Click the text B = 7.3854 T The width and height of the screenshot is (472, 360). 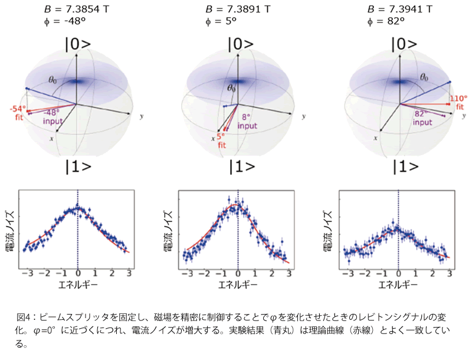coord(77,9)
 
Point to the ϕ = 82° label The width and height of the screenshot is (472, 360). coord(386,21)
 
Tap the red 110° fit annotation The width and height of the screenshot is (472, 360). coord(458,103)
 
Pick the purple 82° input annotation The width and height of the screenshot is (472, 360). coord(421,118)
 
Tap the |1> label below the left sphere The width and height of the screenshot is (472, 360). coord(78,166)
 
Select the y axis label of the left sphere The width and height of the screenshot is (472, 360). coord(140,117)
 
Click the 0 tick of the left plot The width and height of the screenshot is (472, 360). coord(78,274)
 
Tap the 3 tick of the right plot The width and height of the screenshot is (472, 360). coord(450,274)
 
